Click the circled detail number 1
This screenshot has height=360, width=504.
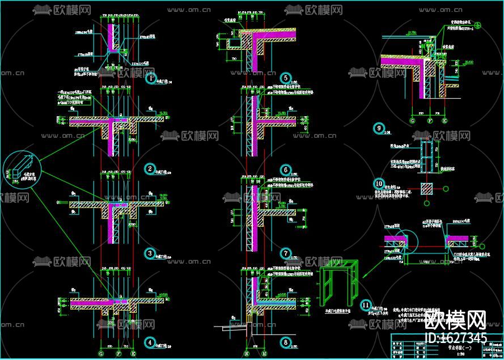click(151, 78)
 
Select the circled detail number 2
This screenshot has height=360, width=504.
click(150, 168)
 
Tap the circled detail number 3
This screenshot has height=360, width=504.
click(150, 253)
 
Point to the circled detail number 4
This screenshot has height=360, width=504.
click(150, 342)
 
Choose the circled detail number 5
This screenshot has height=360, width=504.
click(285, 78)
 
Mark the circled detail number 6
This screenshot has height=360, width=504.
click(285, 169)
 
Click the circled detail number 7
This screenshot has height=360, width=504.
click(285, 253)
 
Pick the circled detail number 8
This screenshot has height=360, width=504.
click(285, 342)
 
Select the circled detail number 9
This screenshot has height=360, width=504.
click(379, 128)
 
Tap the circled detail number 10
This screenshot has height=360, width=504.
click(379, 183)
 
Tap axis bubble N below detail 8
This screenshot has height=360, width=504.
click(245, 353)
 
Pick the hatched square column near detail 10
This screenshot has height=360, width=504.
click(426, 188)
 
